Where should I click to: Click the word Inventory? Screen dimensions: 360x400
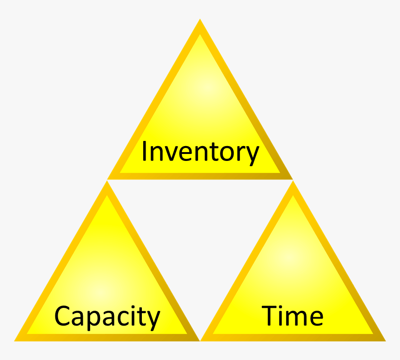pyautogui.click(x=200, y=152)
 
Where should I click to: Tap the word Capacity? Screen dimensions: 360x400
pyautogui.click(x=107, y=317)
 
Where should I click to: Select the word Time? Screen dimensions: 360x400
pyautogui.click(x=292, y=316)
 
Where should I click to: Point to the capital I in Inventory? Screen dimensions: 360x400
pyautogui.click(x=144, y=151)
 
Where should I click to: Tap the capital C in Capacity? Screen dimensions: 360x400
pyautogui.click(x=63, y=316)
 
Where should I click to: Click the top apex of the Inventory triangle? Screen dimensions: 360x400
pyautogui.click(x=200, y=20)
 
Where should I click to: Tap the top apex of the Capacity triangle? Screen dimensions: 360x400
pyautogui.click(x=107, y=182)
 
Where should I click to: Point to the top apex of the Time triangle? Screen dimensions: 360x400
pyautogui.click(x=293, y=182)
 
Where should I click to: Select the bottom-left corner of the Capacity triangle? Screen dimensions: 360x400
pyautogui.click(x=16, y=340)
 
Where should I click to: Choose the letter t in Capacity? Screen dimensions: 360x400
pyautogui.click(x=141, y=316)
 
